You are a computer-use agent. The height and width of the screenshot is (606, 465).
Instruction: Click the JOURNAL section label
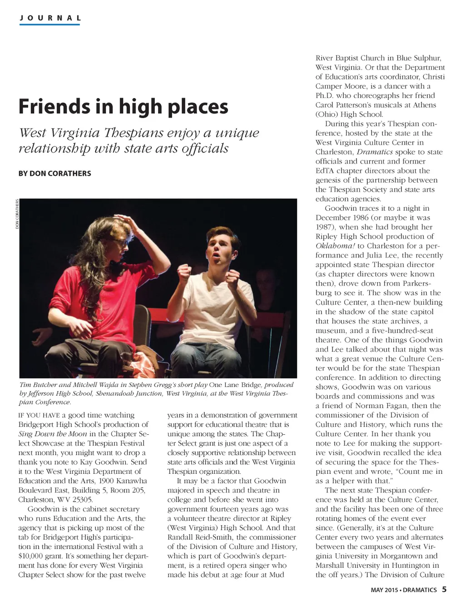[x=50, y=18]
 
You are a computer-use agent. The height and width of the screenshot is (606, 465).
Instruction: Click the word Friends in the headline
[x=54, y=106]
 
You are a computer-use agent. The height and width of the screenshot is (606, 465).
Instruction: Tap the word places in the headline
[x=198, y=107]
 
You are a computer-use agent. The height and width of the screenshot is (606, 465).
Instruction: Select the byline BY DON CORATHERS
[x=54, y=174]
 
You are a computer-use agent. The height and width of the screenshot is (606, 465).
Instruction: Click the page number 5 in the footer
[x=444, y=590]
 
